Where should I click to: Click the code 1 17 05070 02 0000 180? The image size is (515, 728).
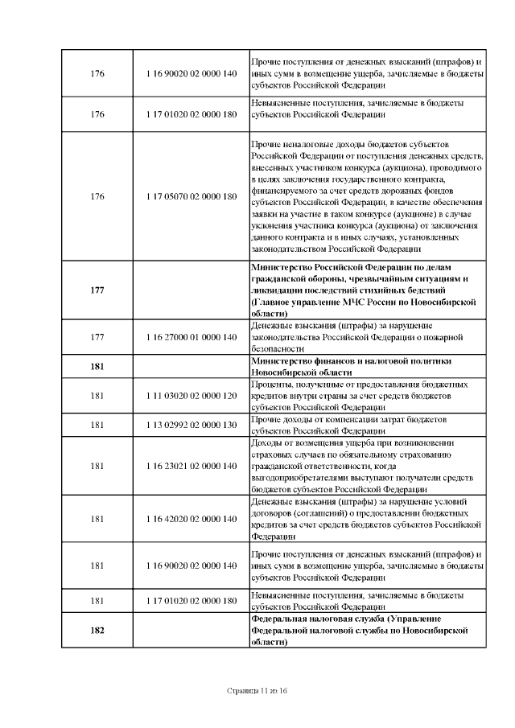192,196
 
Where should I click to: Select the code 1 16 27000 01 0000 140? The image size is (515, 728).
192,337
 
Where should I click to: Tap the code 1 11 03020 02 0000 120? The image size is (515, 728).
192,397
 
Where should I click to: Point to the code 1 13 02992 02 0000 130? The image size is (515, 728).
192,425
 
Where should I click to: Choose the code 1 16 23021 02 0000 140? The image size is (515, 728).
192,465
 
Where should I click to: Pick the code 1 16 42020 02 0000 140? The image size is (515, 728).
192,519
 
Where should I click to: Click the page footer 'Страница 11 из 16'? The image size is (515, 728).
257,691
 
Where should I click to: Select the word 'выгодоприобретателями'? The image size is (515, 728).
299,477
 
